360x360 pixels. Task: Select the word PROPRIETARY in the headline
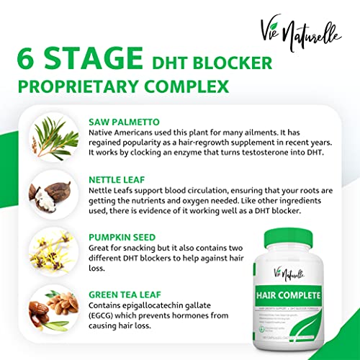click(x=89, y=88)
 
